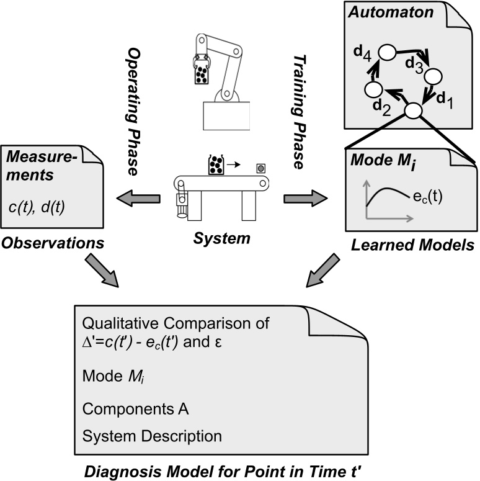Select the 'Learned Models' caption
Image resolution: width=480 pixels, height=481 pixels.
[x=412, y=245]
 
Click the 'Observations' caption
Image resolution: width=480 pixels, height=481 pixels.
[x=52, y=244]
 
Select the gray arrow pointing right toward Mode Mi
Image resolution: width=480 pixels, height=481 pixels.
[x=304, y=199]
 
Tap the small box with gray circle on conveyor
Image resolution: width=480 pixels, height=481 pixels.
[x=260, y=168]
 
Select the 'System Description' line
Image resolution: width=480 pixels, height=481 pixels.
[x=151, y=435]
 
